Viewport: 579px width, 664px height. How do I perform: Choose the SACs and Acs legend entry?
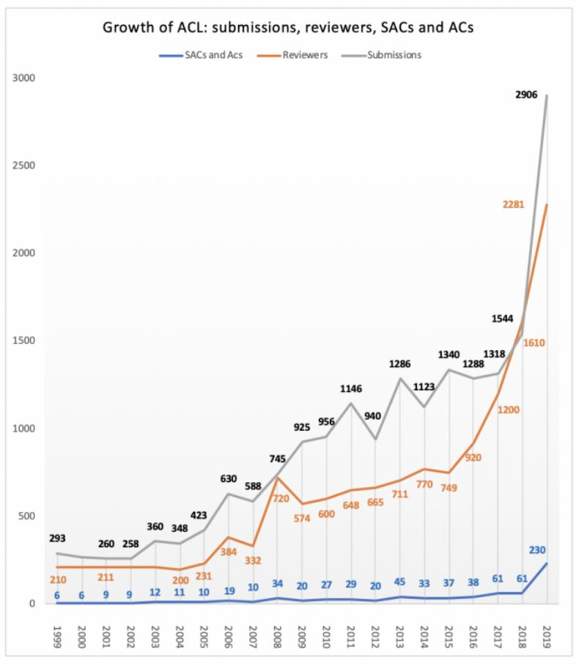coord(213,54)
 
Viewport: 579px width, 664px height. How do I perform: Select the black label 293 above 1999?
coord(56,537)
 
